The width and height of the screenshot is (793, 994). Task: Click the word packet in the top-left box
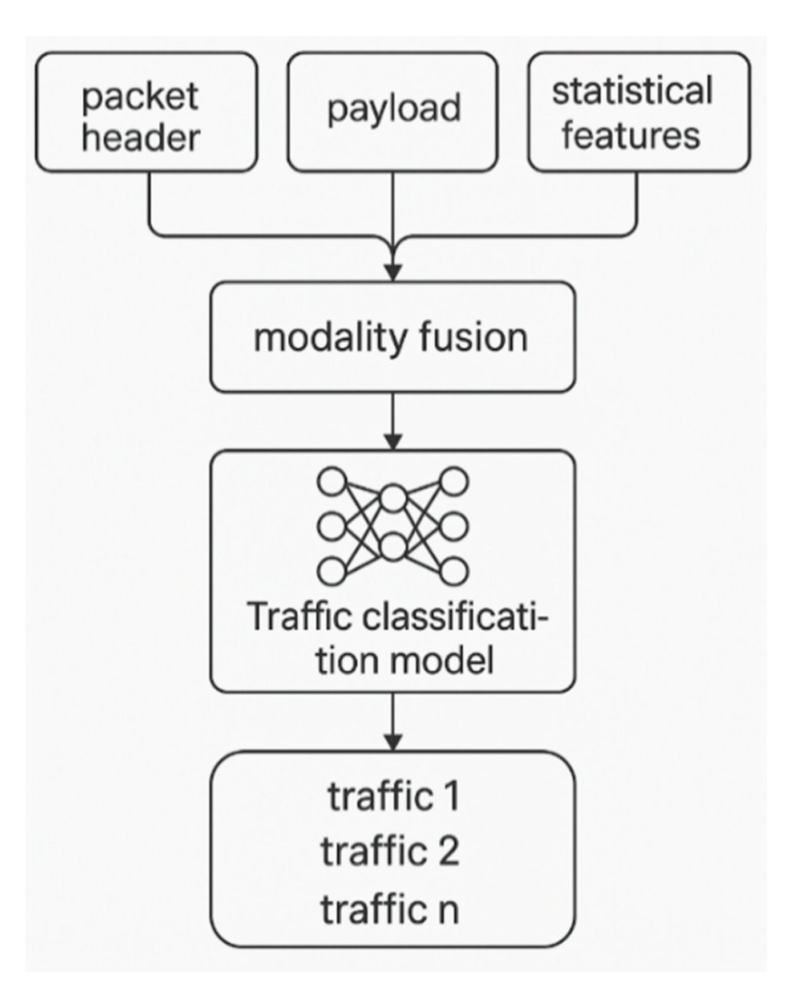pos(140,97)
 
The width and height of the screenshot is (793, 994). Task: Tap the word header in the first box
pos(140,138)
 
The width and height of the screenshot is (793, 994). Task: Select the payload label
pos(394,109)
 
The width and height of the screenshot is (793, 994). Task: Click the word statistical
pos(632,91)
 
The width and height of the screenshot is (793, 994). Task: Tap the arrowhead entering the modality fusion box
pos(393,273)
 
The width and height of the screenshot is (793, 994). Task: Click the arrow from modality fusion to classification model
pos(393,422)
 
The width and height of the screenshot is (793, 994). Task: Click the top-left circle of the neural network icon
pos(332,481)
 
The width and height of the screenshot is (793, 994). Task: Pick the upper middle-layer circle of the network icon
pos(393,498)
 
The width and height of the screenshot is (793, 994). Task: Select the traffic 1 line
pos(393,797)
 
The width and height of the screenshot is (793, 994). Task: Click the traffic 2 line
pos(390,851)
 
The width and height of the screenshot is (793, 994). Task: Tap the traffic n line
pos(390,909)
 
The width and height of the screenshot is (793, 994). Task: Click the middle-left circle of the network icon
pos(332,526)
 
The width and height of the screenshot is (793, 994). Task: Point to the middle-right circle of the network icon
pos(454,526)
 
